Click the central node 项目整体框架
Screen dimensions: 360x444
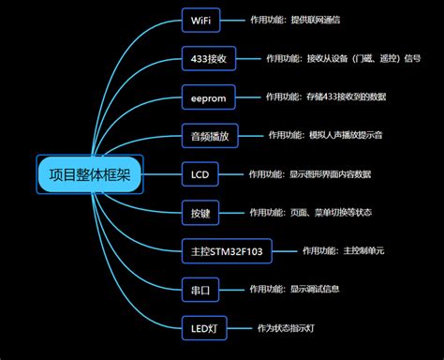coord(89,175)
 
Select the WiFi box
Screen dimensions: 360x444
coord(200,20)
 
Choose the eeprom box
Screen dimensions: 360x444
coord(207,97)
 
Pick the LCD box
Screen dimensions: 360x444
coord(200,174)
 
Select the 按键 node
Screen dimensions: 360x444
coord(200,213)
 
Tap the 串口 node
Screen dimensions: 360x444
coord(200,291)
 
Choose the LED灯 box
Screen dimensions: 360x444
coord(204,329)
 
